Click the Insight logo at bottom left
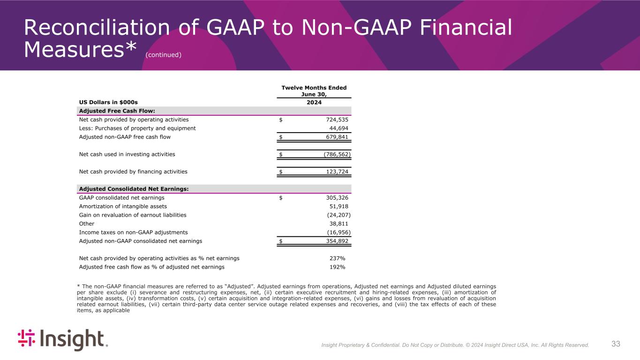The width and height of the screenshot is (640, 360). tap(63, 340)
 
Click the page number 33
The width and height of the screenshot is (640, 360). tap(616, 344)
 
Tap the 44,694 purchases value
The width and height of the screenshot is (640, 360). tap(339, 128)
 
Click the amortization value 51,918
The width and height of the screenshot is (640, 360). tap(339, 206)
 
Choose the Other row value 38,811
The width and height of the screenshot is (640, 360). tap(339, 224)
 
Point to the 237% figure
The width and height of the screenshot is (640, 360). tap(338, 258)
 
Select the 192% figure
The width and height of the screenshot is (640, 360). tap(338, 267)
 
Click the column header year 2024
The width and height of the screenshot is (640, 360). tap(314, 102)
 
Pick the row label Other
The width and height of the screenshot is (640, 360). tap(87, 224)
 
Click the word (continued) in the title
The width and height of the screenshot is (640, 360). tap(163, 55)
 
